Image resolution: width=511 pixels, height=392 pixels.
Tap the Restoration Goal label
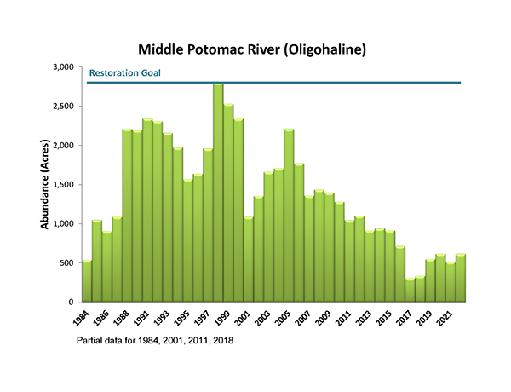pos(125,73)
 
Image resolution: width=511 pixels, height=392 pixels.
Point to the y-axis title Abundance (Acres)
pos(44,183)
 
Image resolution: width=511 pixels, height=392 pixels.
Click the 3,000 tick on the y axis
pos(64,67)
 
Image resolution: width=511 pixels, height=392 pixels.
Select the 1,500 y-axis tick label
pos(64,185)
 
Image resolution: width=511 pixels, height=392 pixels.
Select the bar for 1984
pos(87,281)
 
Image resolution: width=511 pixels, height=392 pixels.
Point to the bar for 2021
pos(451,282)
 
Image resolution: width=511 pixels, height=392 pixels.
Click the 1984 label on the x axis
pos(82,319)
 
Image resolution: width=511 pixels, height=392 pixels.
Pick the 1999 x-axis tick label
pos(224,319)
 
